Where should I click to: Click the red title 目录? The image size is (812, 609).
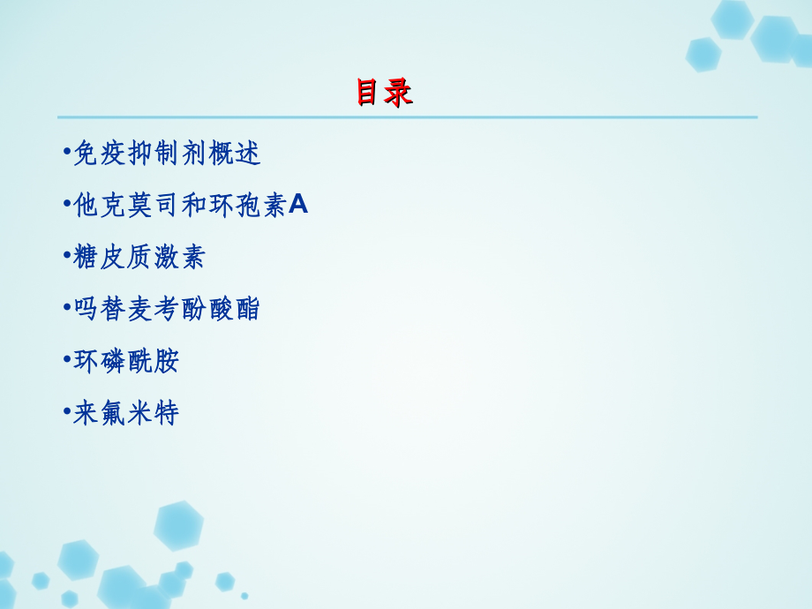(384, 93)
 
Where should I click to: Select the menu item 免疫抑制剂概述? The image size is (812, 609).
(166, 154)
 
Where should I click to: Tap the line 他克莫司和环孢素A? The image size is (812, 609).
(190, 206)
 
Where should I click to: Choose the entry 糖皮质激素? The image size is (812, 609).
(139, 257)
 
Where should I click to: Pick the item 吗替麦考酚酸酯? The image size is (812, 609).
(166, 309)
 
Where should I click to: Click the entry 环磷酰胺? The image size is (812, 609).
(126, 361)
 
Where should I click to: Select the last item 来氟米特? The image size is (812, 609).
(126, 412)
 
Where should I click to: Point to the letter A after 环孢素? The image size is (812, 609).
(298, 206)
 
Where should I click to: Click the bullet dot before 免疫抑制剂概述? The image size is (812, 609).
(67, 152)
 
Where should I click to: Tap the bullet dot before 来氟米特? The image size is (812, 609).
(67, 410)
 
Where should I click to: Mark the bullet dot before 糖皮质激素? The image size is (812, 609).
(67, 255)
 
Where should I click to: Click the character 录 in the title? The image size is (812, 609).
(399, 93)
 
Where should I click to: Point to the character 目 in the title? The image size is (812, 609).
(370, 93)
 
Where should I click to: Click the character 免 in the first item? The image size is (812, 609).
(86, 154)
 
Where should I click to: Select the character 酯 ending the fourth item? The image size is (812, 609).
(246, 309)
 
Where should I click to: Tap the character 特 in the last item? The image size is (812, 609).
(166, 412)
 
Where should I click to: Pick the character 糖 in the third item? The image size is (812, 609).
(86, 257)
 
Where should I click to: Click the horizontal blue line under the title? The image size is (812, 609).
(407, 117)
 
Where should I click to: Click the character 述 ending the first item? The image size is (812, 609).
(247, 154)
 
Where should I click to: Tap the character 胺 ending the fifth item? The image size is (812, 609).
(166, 361)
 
